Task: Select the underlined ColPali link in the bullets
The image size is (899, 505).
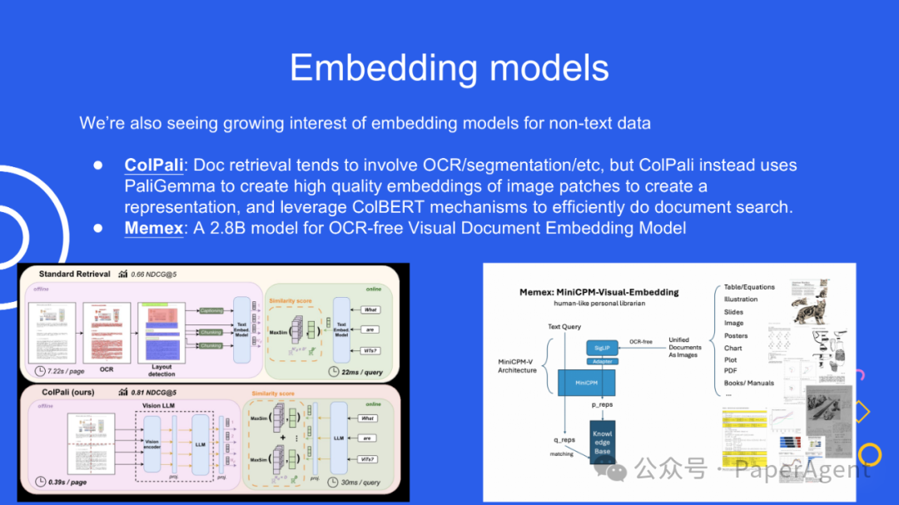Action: (154, 165)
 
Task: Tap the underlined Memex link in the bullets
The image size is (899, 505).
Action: (154, 227)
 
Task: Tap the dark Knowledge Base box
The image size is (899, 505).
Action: (602, 442)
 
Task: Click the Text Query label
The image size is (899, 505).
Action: (564, 327)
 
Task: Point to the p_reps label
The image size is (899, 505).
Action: (602, 404)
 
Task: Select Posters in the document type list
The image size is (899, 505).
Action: (736, 336)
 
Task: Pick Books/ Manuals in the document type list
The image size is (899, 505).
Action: (749, 384)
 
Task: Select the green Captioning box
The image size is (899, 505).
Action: (211, 311)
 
